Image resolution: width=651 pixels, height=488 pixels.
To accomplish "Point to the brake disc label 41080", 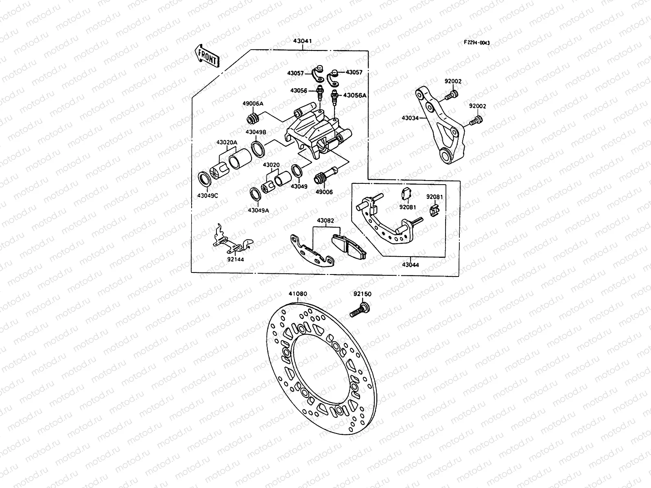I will click(x=298, y=294).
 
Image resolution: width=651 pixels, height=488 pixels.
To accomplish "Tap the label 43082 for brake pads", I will click(x=325, y=221).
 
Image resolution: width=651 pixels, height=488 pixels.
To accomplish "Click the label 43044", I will click(x=410, y=265).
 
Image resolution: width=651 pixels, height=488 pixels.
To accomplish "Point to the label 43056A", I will click(x=355, y=95).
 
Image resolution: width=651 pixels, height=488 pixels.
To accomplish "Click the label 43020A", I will click(x=226, y=142).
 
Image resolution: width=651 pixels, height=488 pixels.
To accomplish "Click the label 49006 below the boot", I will click(x=324, y=192).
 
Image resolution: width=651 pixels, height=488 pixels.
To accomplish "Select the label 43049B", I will click(x=256, y=132).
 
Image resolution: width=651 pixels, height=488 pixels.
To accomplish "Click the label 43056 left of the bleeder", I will click(x=299, y=91).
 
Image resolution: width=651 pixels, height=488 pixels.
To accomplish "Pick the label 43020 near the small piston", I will click(x=271, y=165).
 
